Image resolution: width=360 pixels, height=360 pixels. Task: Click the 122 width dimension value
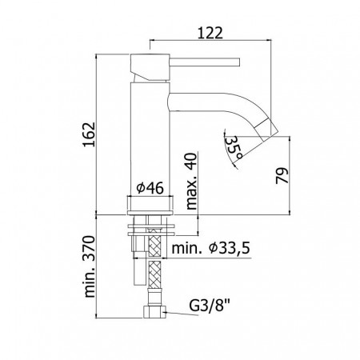coord(210,33)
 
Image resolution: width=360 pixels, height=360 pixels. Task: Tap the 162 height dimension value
coord(89,134)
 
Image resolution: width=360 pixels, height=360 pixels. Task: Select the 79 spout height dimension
coord(282,175)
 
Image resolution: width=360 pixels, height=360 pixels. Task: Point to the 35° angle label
coord(234,147)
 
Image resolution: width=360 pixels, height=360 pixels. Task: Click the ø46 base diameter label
coord(150,188)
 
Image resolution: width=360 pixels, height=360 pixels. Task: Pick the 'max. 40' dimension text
coord(191,182)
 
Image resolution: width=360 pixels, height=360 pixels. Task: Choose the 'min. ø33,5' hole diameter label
coord(210,248)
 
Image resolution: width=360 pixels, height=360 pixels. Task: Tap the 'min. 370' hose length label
coord(90,266)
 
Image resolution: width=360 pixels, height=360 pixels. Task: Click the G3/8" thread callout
coord(210,306)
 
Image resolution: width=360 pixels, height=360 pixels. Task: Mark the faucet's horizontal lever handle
coord(205,62)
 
